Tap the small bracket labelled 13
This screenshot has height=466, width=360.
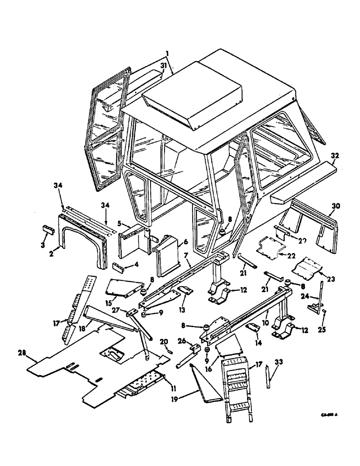point(185,291)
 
